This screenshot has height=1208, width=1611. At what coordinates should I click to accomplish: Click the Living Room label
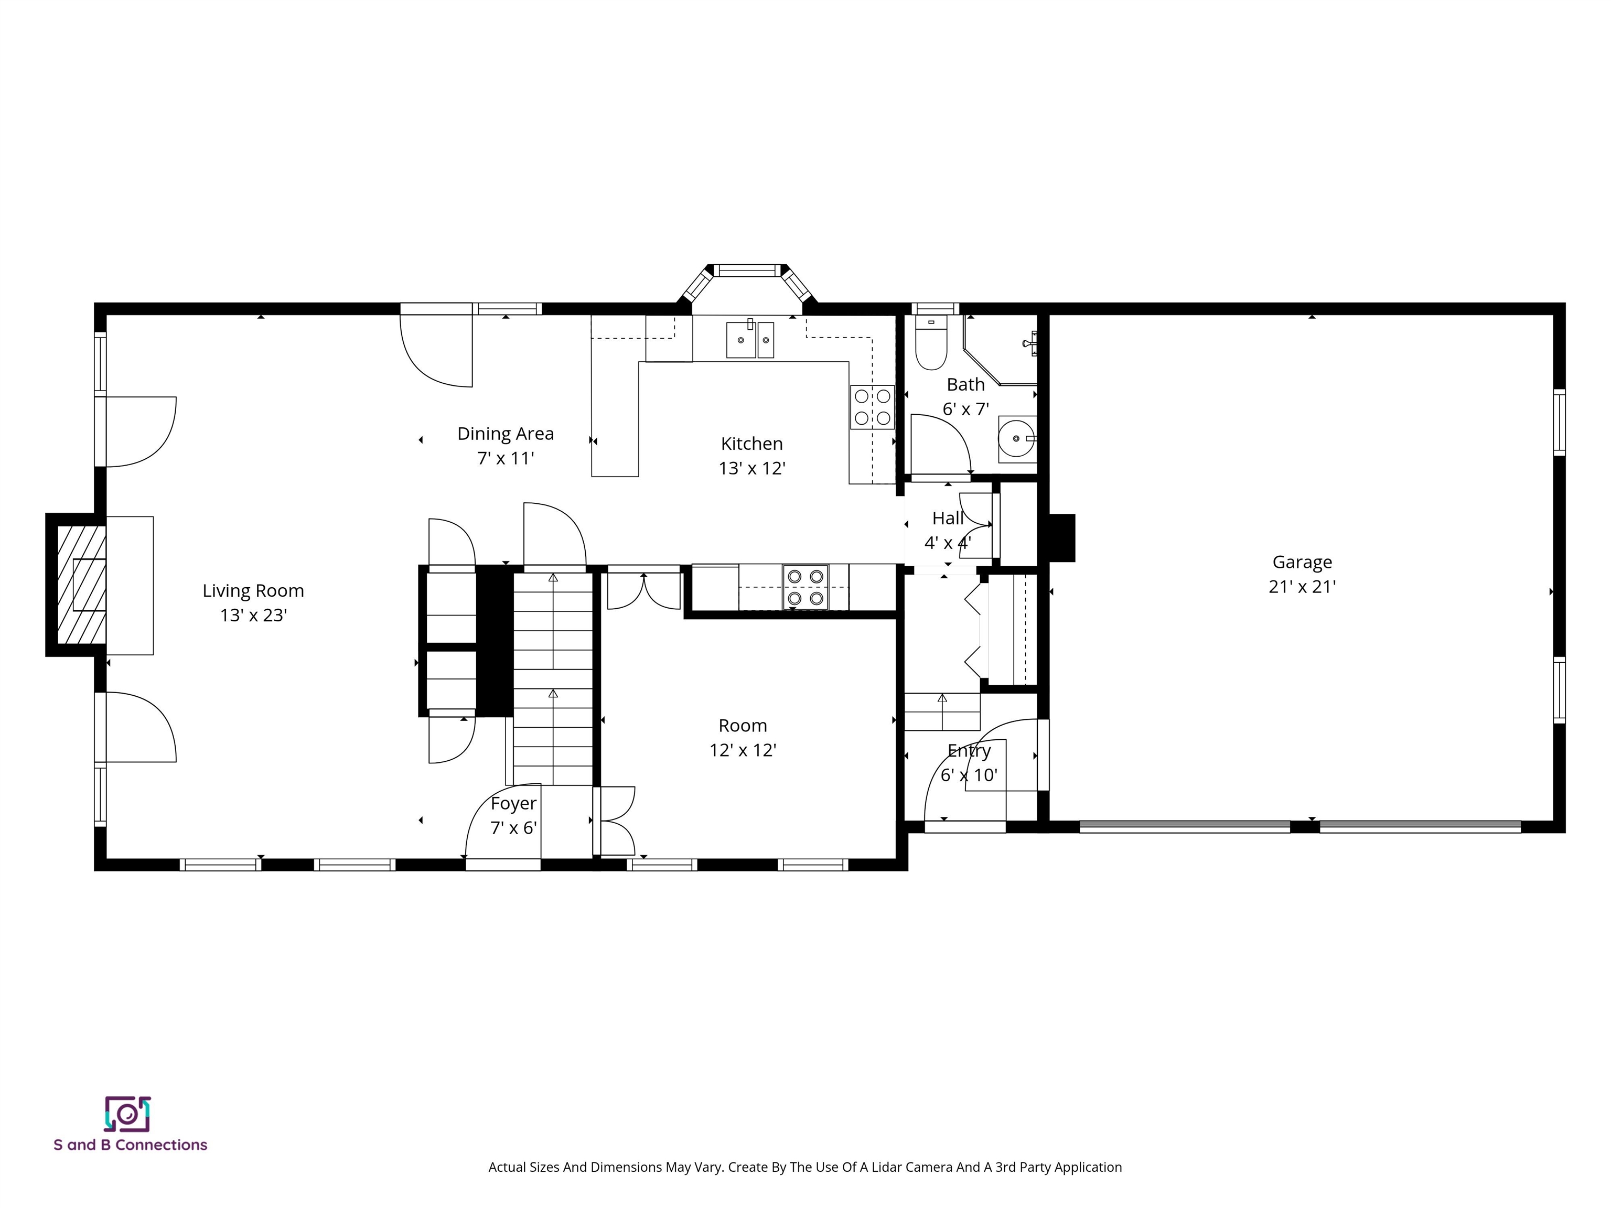tap(253, 590)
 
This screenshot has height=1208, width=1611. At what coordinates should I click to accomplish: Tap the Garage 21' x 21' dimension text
tap(1302, 586)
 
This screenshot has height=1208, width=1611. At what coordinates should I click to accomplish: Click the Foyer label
tap(513, 803)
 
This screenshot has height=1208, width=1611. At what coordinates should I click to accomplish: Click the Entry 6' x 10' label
tap(969, 762)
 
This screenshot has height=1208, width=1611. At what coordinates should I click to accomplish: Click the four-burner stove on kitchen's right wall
tap(872, 407)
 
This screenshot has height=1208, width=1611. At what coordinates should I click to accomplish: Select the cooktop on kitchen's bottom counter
tap(805, 587)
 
